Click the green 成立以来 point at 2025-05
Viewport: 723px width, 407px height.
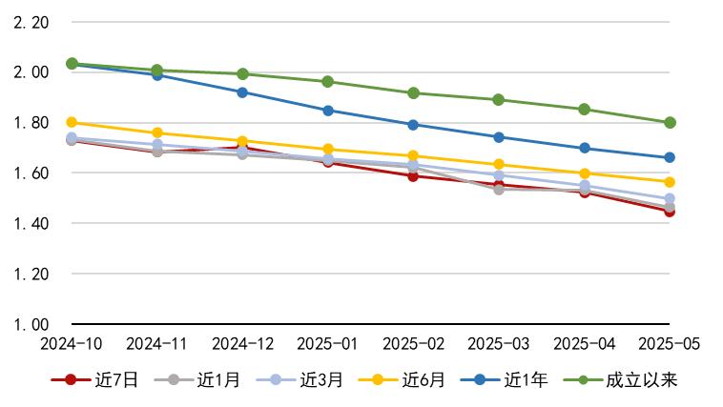point(670,122)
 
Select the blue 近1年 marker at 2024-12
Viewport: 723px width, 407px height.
point(242,92)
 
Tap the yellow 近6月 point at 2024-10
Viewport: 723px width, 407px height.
point(72,122)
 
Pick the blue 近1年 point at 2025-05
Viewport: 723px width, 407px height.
point(670,157)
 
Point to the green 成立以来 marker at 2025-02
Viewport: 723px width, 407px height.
point(413,93)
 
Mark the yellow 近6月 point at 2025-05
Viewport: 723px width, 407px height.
point(670,182)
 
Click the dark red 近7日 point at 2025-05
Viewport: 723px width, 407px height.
point(670,212)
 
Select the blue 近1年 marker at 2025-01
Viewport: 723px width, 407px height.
point(328,111)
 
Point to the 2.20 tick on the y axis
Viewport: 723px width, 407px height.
point(31,22)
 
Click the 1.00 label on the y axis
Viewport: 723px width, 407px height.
point(31,324)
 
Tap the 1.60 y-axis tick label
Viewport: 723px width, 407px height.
point(31,173)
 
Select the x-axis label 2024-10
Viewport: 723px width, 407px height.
point(72,342)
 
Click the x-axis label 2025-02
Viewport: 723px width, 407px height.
point(413,342)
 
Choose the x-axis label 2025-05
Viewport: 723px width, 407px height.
point(669,342)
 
